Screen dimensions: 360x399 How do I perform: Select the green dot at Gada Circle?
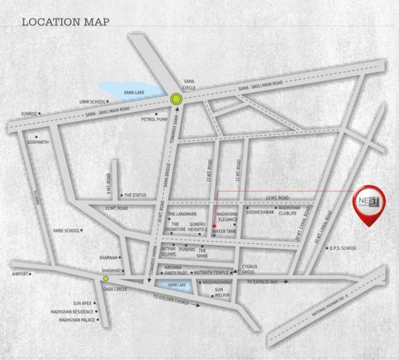click(106, 279)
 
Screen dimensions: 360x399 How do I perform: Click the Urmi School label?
click(93, 102)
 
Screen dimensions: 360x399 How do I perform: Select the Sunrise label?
click(29, 114)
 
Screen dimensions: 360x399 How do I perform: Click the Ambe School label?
click(66, 231)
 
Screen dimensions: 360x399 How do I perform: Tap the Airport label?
click(20, 274)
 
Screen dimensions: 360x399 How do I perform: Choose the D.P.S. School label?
click(343, 248)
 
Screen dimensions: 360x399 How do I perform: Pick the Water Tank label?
click(223, 231)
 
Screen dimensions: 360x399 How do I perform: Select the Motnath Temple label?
click(212, 272)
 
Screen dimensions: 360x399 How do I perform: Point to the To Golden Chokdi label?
click(172, 302)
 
